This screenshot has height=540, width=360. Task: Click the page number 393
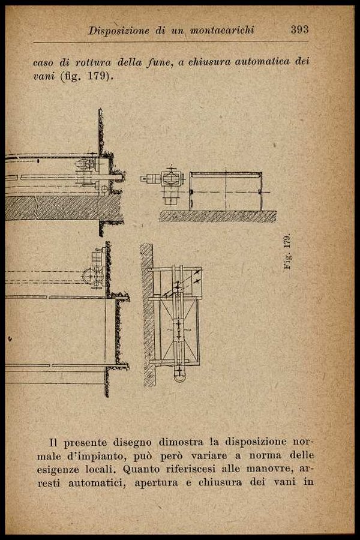click(x=299, y=29)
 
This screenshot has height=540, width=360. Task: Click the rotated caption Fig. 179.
click(x=287, y=251)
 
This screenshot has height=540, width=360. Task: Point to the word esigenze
click(x=76, y=469)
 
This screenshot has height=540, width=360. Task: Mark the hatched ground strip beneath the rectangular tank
click(x=217, y=216)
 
